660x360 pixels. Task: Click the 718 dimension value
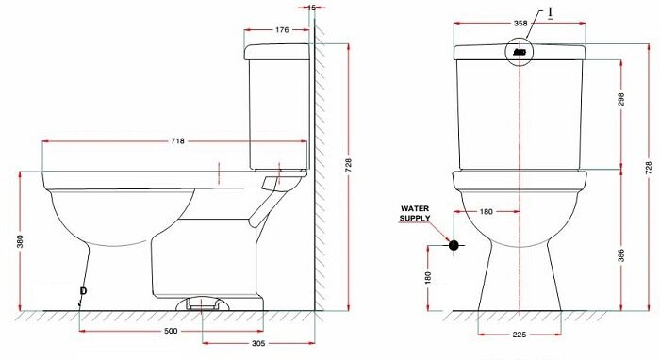click(178, 140)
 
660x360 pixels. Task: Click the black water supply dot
click(454, 245)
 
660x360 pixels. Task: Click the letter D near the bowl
click(83, 290)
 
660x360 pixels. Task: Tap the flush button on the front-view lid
click(520, 53)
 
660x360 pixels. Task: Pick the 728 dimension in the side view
click(350, 165)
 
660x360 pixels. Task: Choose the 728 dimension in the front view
click(649, 165)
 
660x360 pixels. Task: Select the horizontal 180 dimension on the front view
click(487, 212)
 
